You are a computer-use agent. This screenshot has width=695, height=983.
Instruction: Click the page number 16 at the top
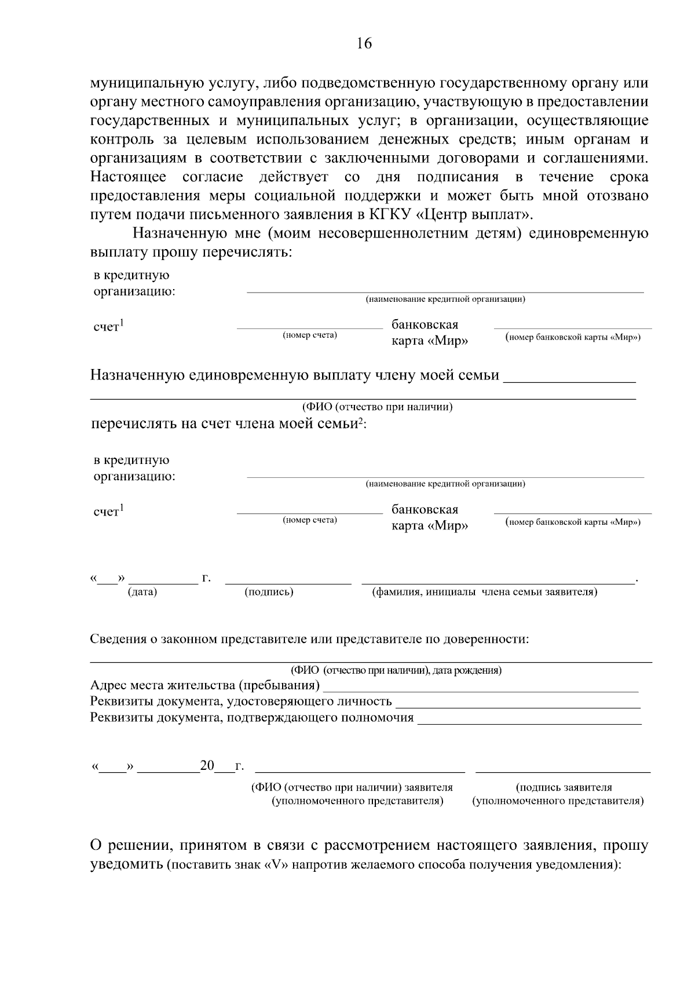(x=364, y=43)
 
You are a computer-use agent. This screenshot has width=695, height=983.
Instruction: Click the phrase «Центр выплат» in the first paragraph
(x=473, y=215)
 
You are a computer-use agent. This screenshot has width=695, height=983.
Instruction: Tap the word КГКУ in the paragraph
(x=389, y=215)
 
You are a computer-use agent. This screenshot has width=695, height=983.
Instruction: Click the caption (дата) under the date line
(x=142, y=592)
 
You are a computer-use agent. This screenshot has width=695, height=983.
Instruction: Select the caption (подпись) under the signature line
(x=269, y=592)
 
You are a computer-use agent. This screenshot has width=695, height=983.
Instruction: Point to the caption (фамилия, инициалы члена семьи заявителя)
(x=484, y=592)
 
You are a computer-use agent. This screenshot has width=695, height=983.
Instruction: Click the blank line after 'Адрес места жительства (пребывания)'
(x=481, y=687)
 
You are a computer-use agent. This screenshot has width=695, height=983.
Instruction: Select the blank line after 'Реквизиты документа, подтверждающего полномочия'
(x=529, y=719)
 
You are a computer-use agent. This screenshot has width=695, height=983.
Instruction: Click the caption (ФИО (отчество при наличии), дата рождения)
(x=396, y=671)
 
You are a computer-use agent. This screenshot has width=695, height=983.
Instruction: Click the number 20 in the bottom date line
(x=207, y=766)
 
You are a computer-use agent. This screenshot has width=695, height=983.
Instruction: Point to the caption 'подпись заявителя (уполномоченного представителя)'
(x=558, y=794)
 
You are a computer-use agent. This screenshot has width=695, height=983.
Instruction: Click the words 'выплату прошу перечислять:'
(x=191, y=253)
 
